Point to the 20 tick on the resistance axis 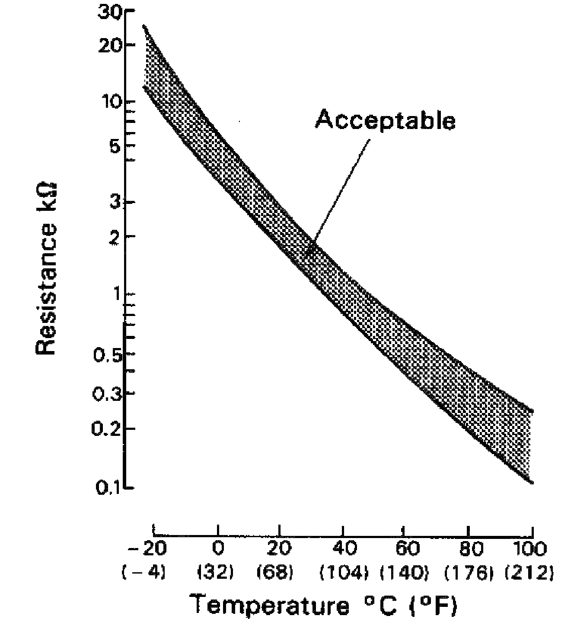pyautogui.click(x=111, y=45)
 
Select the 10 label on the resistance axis pyautogui.click(x=111, y=102)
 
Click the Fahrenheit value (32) pyautogui.click(x=216, y=573)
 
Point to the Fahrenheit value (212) pyautogui.click(x=529, y=573)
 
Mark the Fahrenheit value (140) pyautogui.click(x=405, y=573)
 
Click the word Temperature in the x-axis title pyautogui.click(x=269, y=604)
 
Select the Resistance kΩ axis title pyautogui.click(x=46, y=268)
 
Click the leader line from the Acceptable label pyautogui.click(x=341, y=190)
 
